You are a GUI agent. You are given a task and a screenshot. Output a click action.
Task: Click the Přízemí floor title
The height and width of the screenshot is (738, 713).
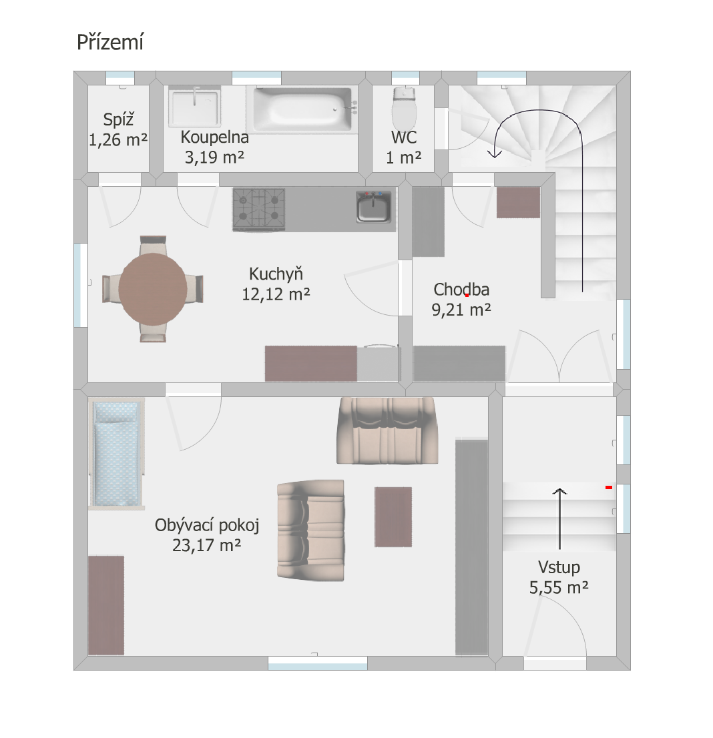tap(109, 42)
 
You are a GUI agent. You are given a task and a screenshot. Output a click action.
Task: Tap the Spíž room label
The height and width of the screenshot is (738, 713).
tap(118, 119)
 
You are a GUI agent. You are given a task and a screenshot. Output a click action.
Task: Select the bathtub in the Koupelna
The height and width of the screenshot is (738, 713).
tap(303, 109)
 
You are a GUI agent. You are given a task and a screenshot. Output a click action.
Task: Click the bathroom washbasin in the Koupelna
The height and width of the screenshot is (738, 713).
tap(194, 107)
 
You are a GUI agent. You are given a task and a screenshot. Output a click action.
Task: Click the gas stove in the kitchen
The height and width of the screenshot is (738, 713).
tap(258, 210)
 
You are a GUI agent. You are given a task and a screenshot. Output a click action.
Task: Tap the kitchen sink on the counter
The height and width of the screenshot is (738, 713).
tap(373, 206)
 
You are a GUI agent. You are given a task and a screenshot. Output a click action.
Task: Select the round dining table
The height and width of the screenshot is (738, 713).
tap(153, 288)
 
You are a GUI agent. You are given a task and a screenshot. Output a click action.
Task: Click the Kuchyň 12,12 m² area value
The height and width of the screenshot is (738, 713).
tap(276, 295)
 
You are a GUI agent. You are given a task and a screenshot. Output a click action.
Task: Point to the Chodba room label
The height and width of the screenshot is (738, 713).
tap(461, 290)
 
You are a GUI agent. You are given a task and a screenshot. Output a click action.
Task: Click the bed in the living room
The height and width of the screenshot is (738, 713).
tap(117, 454)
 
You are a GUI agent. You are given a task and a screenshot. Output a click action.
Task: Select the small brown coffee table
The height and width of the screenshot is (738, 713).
tap(393, 516)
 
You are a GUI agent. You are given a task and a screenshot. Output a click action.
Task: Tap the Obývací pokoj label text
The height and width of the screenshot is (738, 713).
tap(207, 525)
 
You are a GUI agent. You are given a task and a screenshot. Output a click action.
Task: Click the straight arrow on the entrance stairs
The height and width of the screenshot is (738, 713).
tap(559, 518)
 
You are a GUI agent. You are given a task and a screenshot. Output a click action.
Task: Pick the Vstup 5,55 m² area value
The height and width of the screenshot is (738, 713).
tap(559, 588)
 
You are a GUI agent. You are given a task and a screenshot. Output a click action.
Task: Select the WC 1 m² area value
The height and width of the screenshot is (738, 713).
tap(404, 157)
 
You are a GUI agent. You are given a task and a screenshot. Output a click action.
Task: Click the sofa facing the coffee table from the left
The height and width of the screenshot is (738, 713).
tap(311, 530)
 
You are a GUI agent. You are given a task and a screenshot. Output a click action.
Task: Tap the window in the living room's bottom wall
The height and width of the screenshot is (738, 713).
tap(318, 663)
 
